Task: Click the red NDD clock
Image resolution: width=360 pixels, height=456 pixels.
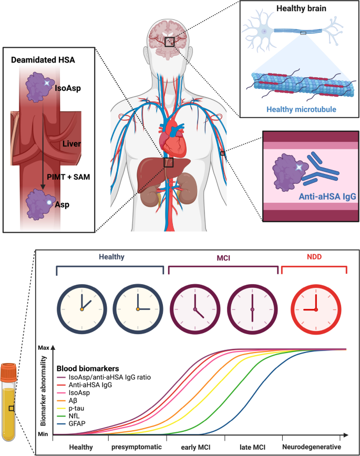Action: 314,309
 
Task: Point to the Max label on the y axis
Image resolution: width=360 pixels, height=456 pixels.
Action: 42,347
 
